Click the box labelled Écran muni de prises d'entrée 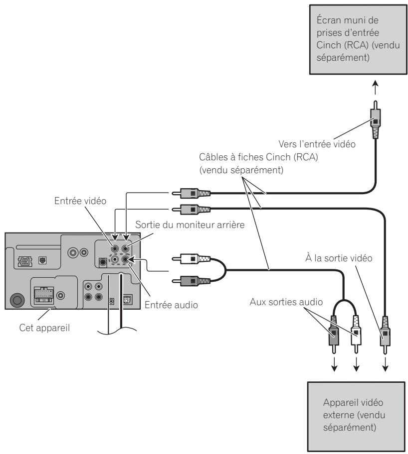pyautogui.click(x=358, y=40)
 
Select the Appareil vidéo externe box pyautogui.click(x=356, y=416)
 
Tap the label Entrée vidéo pyautogui.click(x=80, y=201)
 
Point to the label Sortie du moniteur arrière pyautogui.click(x=190, y=225)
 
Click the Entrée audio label pyautogui.click(x=171, y=305)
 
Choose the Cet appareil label pyautogui.click(x=44, y=328)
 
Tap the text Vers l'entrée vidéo pyautogui.click(x=317, y=144)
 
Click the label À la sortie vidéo pyautogui.click(x=339, y=258)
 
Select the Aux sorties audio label pyautogui.click(x=286, y=302)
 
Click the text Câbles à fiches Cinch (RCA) pyautogui.click(x=258, y=157)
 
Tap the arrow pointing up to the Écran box pyautogui.click(x=376, y=88)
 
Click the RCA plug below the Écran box pyautogui.click(x=376, y=119)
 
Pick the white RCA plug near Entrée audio pyautogui.click(x=191, y=258)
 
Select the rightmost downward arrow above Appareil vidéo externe pyautogui.click(x=385, y=364)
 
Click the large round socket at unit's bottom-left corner pyautogui.click(x=17, y=300)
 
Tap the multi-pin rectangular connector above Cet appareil pyautogui.click(x=44, y=295)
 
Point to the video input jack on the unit pyautogui.click(x=115, y=248)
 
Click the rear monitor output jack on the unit pyautogui.click(x=126, y=248)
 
